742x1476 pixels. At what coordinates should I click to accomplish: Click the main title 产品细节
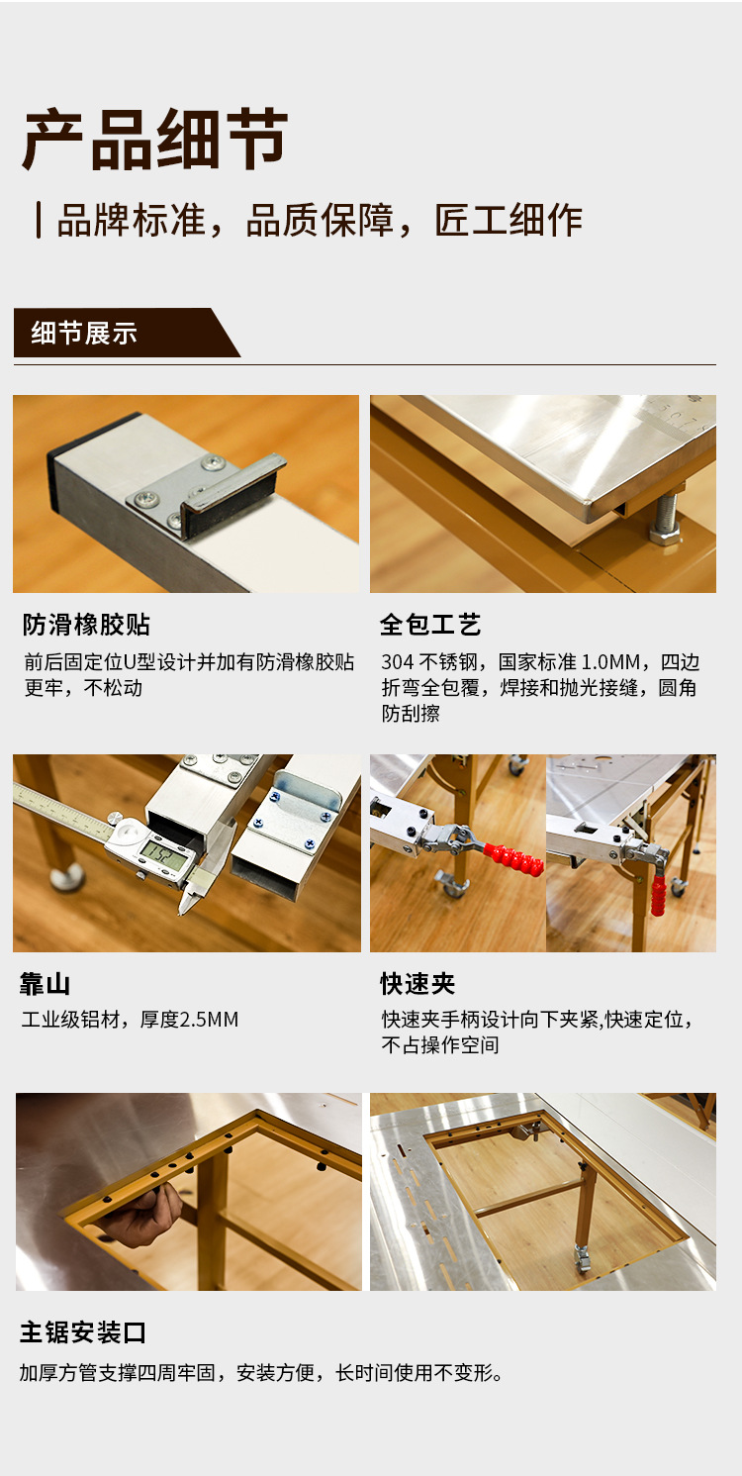tap(155, 140)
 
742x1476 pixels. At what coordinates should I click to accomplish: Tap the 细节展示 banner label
tap(84, 334)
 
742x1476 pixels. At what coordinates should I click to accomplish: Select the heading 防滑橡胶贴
tap(86, 625)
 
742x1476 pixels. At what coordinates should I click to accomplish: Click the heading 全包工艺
tap(430, 625)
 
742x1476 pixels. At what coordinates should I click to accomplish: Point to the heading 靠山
tap(45, 984)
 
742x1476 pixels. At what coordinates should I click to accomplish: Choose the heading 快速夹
tap(417, 984)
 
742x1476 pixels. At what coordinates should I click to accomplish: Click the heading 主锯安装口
tap(83, 1332)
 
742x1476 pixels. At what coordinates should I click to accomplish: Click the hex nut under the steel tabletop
tap(665, 532)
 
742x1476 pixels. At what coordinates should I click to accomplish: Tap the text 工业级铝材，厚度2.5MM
tap(130, 1019)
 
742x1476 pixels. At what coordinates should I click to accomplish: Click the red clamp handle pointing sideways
tap(513, 857)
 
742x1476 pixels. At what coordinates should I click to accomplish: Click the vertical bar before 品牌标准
tap(39, 220)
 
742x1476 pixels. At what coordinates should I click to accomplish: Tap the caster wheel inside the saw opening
tap(582, 1258)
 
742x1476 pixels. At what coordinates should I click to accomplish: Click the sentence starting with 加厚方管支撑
tap(261, 1373)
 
